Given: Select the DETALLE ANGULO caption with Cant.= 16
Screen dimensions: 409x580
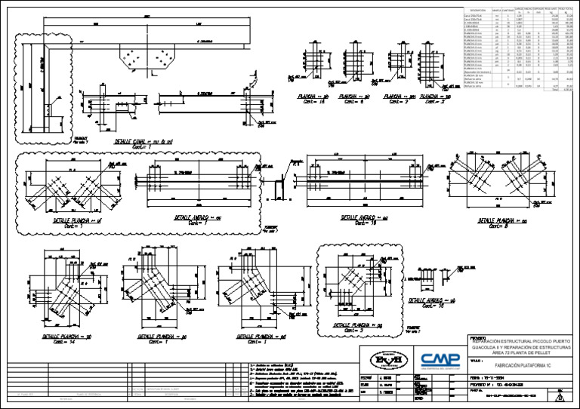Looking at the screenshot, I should click(365, 218).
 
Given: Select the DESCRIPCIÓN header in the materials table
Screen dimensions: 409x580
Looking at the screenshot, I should click(474, 11).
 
